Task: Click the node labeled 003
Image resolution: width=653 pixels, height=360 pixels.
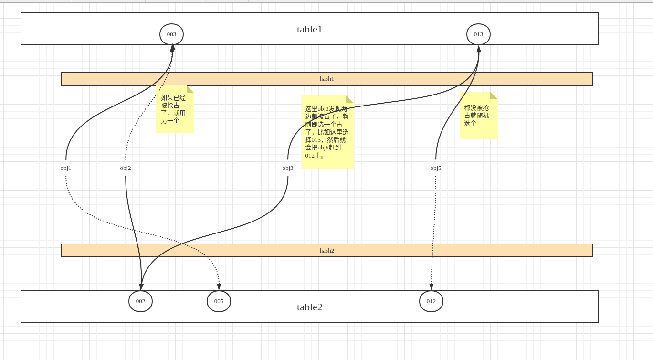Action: tap(171, 34)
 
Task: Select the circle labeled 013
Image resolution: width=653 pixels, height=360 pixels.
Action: tap(478, 34)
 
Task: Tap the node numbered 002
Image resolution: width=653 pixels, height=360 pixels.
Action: tap(140, 301)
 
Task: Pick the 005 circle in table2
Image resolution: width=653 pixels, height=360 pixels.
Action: tap(219, 301)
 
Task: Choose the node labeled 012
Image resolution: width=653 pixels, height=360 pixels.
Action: tap(431, 301)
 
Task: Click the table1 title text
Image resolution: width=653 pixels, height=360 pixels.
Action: tap(309, 29)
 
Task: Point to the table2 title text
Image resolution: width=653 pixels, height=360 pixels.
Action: tap(309, 307)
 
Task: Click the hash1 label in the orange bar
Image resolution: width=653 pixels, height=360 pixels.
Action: tap(326, 79)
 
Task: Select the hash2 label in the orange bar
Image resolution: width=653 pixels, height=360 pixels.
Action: tap(326, 251)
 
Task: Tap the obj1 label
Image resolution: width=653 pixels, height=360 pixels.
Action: tap(66, 168)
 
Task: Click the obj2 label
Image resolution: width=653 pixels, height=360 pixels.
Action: tap(126, 168)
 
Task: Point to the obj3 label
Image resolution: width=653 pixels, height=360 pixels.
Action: tap(288, 168)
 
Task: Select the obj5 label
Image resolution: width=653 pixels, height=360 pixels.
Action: tap(436, 168)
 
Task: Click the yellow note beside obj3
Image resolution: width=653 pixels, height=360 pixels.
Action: tap(327, 132)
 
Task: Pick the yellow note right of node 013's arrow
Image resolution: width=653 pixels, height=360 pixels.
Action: tap(479, 116)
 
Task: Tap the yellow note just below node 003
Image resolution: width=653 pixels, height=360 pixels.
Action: tap(175, 110)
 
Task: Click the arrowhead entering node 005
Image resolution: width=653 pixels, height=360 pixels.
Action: tap(219, 287)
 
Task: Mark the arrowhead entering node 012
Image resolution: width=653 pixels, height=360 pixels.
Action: tap(432, 287)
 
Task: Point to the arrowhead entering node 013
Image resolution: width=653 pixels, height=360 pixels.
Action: tap(479, 49)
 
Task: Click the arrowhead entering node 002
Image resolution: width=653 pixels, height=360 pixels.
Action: tap(141, 287)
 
